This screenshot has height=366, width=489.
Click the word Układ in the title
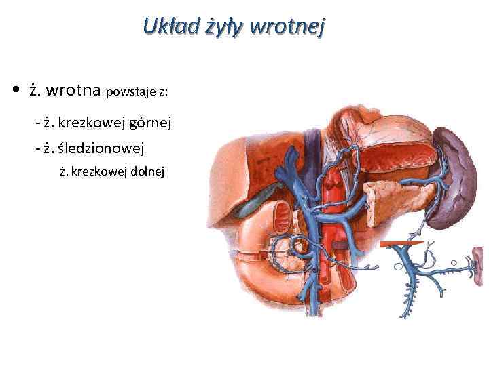164,27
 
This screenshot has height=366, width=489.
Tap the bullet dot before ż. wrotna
14,90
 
